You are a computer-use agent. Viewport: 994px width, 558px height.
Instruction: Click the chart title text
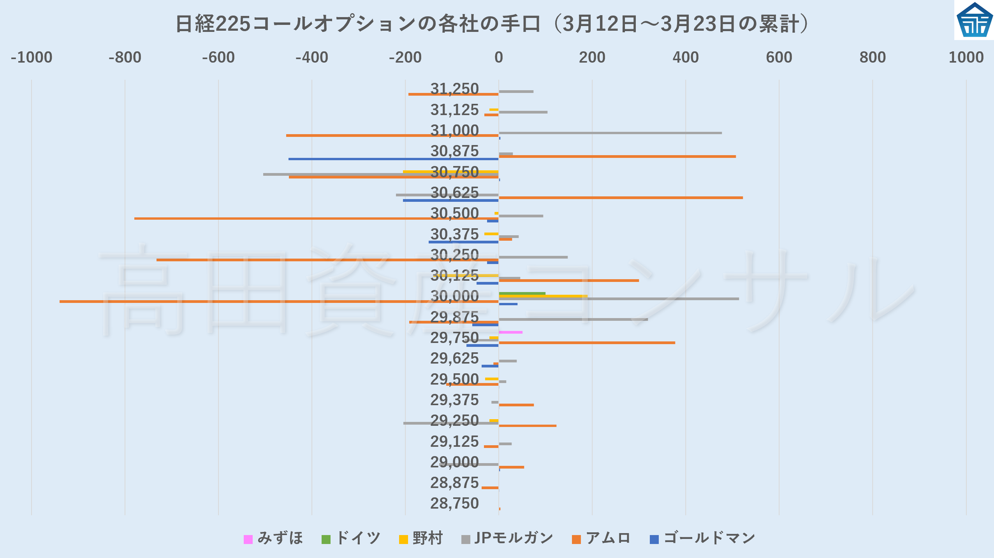pos(493,24)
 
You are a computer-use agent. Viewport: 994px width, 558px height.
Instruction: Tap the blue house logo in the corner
pos(974,20)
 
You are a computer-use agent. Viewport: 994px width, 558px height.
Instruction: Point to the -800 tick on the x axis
pos(125,58)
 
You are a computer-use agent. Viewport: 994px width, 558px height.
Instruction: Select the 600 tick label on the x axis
pos(779,58)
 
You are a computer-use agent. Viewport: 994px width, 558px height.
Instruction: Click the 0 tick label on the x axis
pos(498,58)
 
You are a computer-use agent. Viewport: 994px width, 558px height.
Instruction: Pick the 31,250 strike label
pos(454,89)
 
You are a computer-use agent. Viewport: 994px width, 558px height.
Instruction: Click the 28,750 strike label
pos(454,504)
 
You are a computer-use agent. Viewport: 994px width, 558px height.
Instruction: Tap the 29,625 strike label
pos(454,359)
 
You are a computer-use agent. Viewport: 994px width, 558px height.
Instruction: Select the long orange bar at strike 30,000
pos(273,301)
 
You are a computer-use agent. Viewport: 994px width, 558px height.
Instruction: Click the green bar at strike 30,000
pos(522,294)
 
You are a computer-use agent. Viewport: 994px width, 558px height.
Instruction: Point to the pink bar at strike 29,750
pos(510,332)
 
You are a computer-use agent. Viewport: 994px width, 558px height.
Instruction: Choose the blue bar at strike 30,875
pos(393,159)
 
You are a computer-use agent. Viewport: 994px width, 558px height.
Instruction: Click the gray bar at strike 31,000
pos(610,133)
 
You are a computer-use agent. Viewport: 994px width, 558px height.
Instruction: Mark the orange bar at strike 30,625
pos(621,198)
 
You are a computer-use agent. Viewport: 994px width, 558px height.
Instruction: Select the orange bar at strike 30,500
pos(311,219)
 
